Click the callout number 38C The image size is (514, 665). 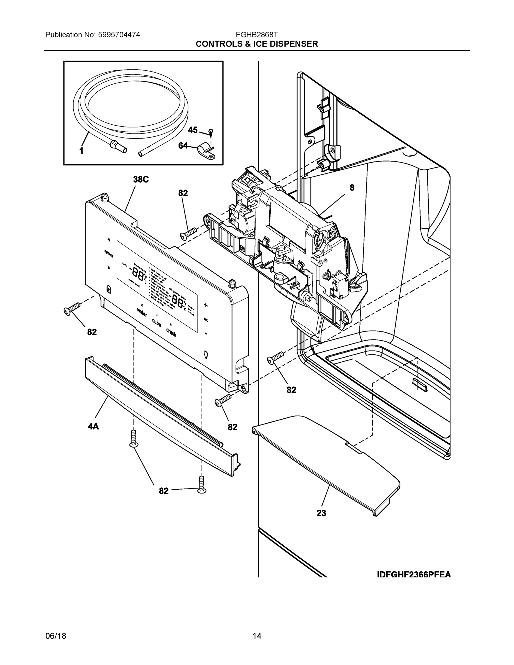[x=141, y=180]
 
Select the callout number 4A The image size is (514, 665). [x=93, y=427]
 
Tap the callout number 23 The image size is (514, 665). [x=321, y=513]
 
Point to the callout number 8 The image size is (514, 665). [x=352, y=188]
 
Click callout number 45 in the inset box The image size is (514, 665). [x=193, y=130]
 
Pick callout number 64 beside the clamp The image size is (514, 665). [x=183, y=146]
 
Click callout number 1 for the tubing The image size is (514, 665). [x=81, y=150]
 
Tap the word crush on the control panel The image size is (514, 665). [x=171, y=332]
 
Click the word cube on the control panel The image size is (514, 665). [x=157, y=323]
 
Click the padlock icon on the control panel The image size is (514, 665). [x=108, y=289]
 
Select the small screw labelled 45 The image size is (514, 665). [x=210, y=132]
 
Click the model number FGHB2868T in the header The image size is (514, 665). [x=257, y=35]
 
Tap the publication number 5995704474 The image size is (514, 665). [x=119, y=35]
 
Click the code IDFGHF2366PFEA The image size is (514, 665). [x=413, y=575]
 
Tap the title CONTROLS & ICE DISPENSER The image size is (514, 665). [x=257, y=44]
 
